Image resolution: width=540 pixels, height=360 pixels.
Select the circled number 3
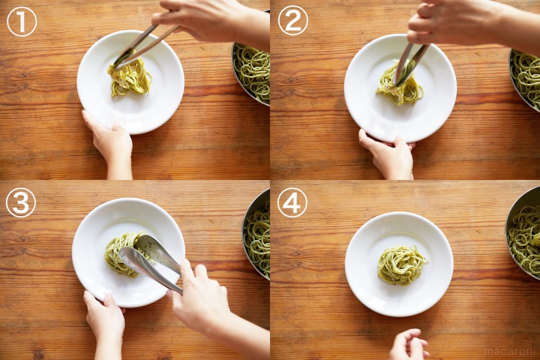[x=20, y=202]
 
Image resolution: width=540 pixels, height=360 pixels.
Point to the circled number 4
[x=292, y=202]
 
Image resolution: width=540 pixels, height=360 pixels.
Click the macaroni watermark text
[x=509, y=351]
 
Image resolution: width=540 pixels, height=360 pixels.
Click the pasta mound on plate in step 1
[x=130, y=78]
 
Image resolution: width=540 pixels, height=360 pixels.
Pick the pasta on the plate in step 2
[x=400, y=83]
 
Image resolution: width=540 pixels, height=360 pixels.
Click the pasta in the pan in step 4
[x=524, y=238]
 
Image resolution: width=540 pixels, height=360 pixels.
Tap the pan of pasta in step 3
[x=256, y=234]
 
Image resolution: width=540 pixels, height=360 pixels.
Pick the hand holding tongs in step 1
[x=210, y=20]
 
